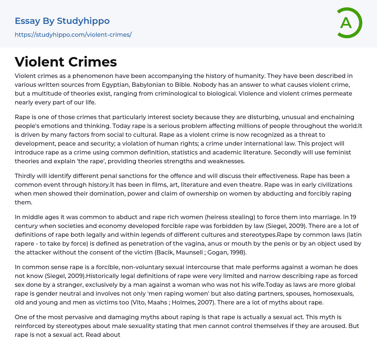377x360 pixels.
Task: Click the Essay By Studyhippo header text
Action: coord(62,21)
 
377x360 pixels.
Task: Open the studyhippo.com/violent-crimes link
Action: coord(73,35)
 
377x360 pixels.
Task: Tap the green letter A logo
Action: coord(346,23)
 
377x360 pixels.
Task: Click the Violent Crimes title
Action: coord(66,62)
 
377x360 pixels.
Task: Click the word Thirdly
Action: coord(27,176)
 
